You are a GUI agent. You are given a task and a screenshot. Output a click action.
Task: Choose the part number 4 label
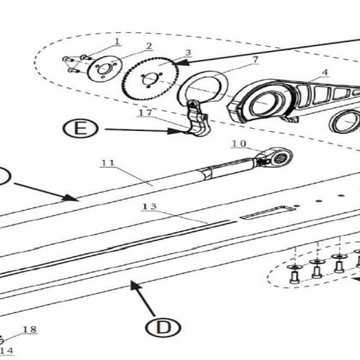[325, 72]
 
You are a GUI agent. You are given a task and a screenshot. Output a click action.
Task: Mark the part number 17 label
[145, 112]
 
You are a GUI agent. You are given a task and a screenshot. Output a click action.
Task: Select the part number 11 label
[108, 164]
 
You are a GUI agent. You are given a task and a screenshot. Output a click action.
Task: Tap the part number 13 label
[149, 207]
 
